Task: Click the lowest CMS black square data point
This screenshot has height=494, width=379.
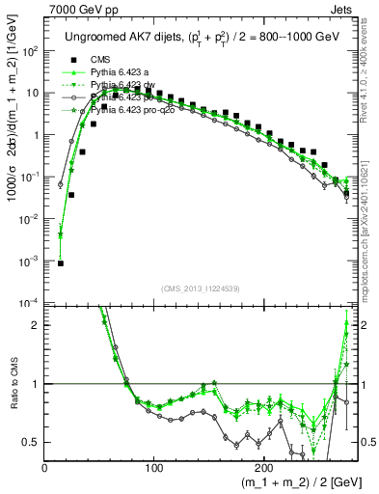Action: [x=61, y=262]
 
